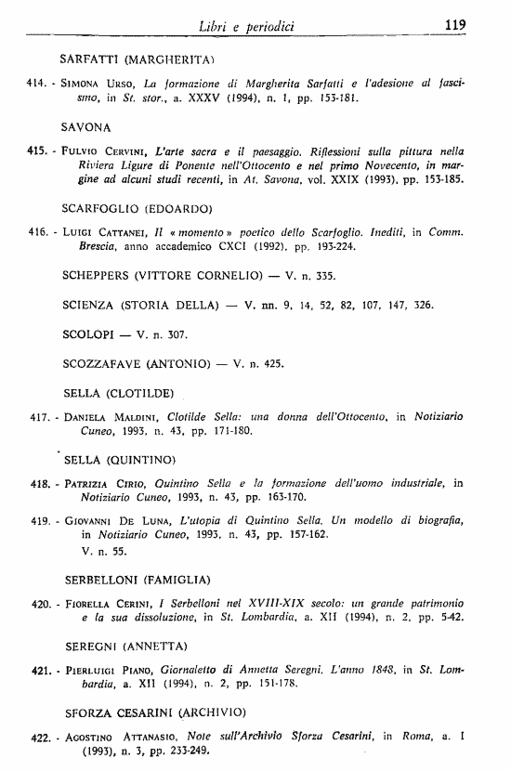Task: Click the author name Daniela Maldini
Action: pos(112,420)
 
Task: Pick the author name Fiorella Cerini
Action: pos(109,604)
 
